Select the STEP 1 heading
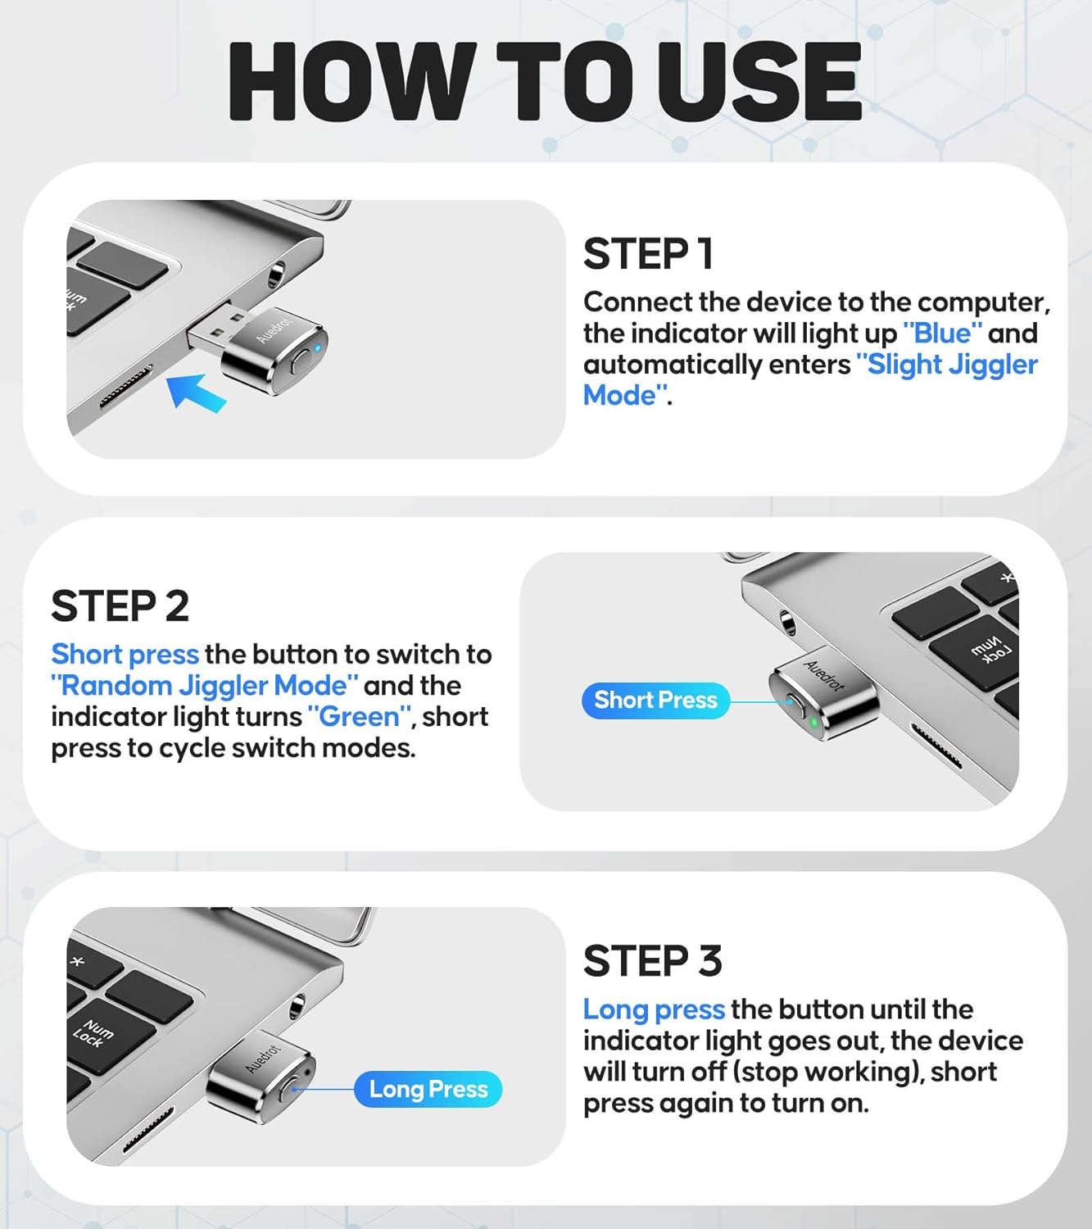point(648,254)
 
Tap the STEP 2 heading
point(120,606)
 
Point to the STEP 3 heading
point(652,961)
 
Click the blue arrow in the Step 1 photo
point(197,392)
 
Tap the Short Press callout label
point(655,701)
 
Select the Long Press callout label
point(428,1090)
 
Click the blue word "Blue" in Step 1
point(942,333)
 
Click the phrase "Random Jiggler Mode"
point(205,686)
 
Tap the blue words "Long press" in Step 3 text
point(654,1009)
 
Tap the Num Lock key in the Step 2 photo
point(991,651)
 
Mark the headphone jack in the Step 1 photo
point(276,273)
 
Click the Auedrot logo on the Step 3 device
point(263,1057)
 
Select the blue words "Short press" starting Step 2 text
point(125,655)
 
